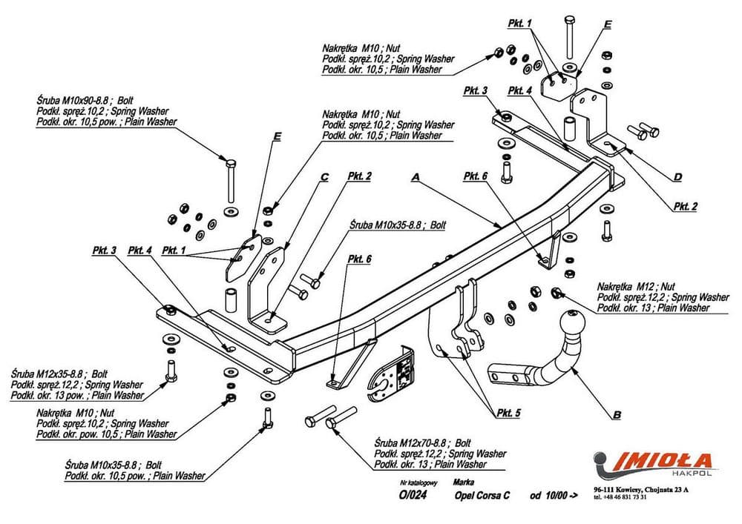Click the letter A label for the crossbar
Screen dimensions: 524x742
(416, 177)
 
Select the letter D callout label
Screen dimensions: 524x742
(677, 176)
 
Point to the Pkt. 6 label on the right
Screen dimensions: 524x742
(475, 176)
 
